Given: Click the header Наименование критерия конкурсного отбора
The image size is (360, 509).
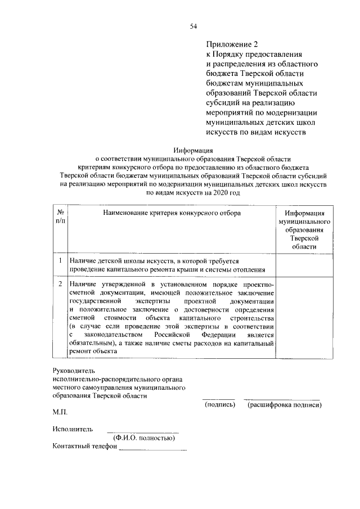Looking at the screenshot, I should coord(172,214).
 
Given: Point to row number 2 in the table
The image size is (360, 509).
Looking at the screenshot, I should coord(60,285).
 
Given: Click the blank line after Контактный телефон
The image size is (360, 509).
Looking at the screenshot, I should coord(152,448).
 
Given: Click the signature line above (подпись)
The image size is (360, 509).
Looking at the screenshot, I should coord(218,398).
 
